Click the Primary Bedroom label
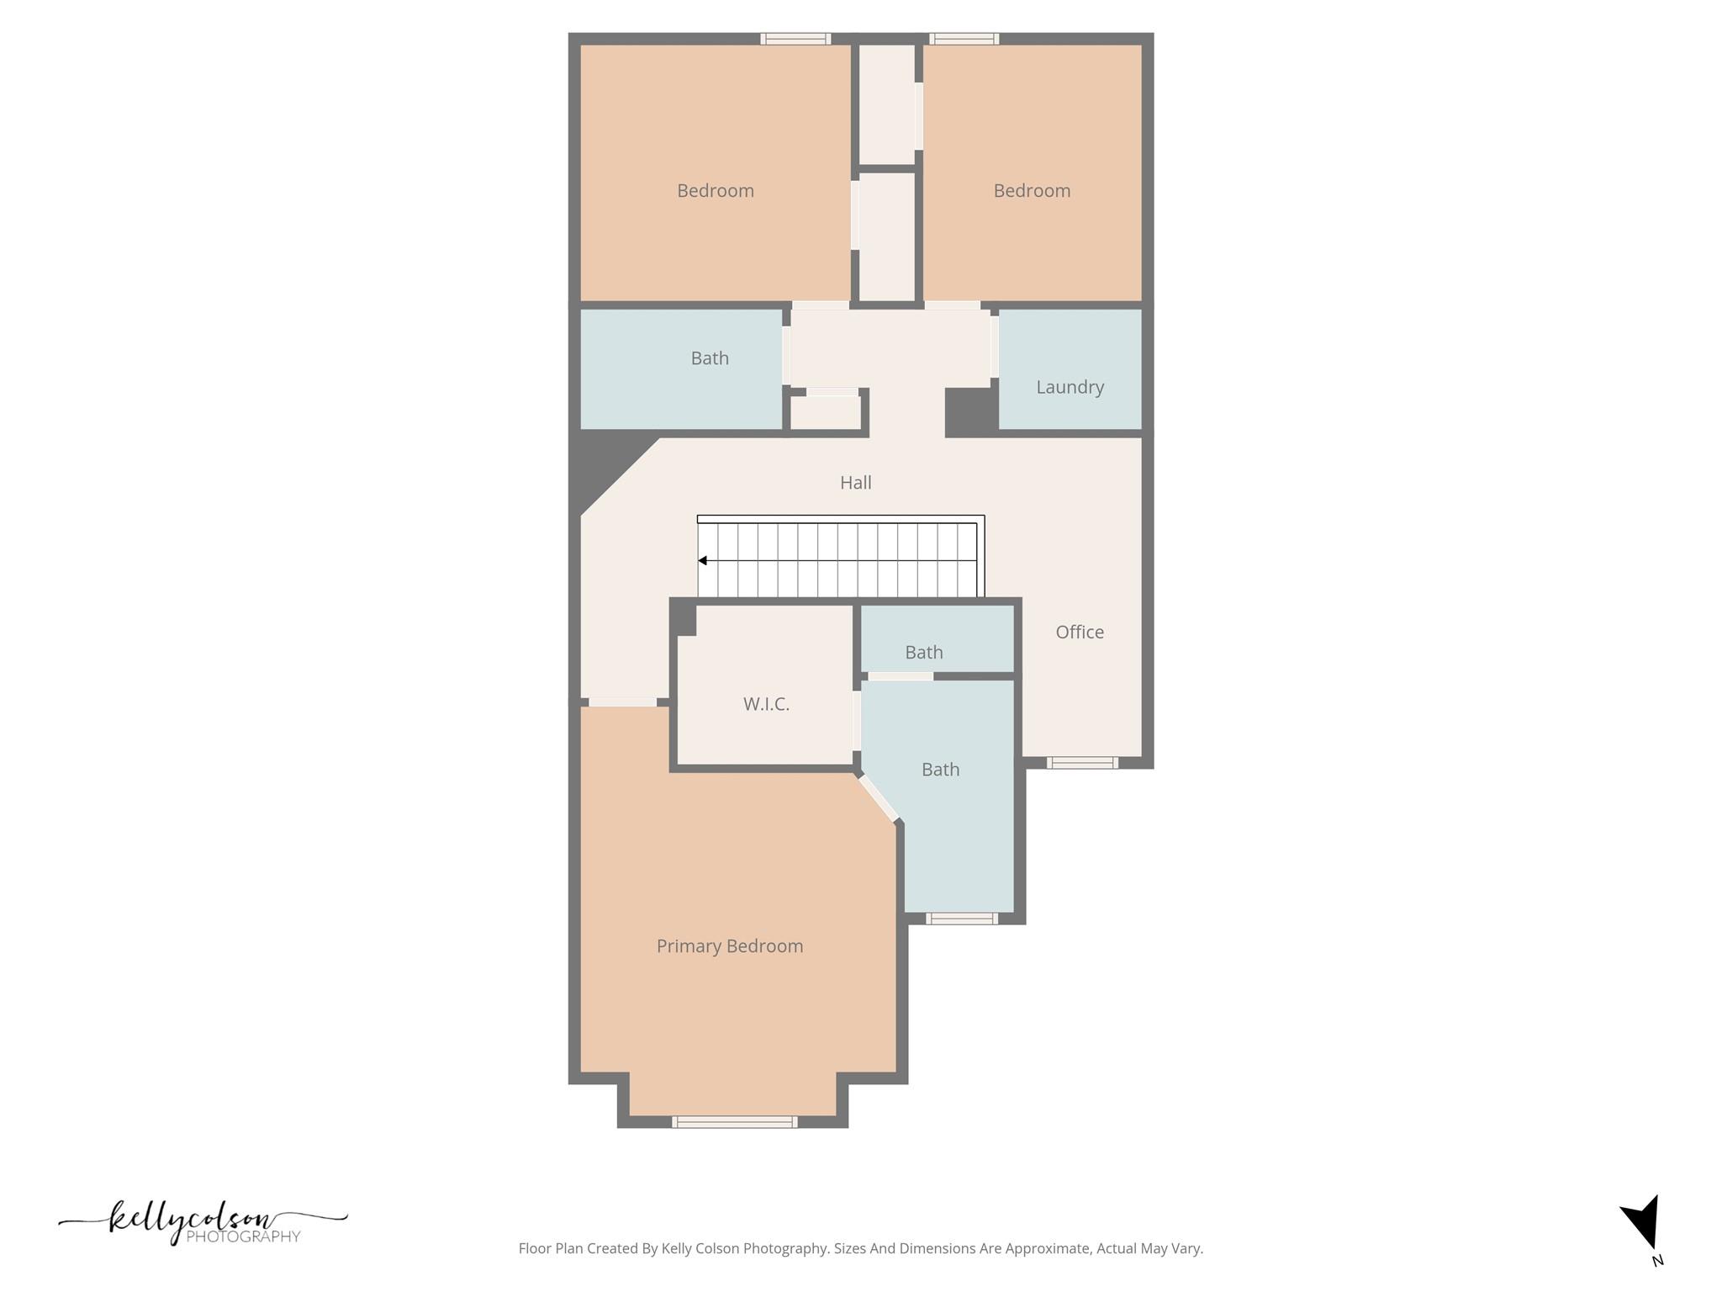[x=729, y=946]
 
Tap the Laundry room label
[x=1070, y=387]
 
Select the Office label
[x=1080, y=632]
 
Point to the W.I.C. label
[x=766, y=704]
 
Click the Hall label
[x=855, y=483]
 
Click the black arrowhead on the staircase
[x=702, y=560]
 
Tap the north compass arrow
[x=1643, y=1223]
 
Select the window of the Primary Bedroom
[x=734, y=1121]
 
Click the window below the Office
[x=1082, y=763]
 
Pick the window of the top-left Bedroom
[x=795, y=39]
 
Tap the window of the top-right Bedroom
[x=964, y=39]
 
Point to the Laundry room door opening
[x=995, y=346]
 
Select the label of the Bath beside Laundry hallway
[x=710, y=358]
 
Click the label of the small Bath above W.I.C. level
[x=923, y=653]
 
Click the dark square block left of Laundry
[x=971, y=412]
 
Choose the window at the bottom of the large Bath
[x=962, y=919]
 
